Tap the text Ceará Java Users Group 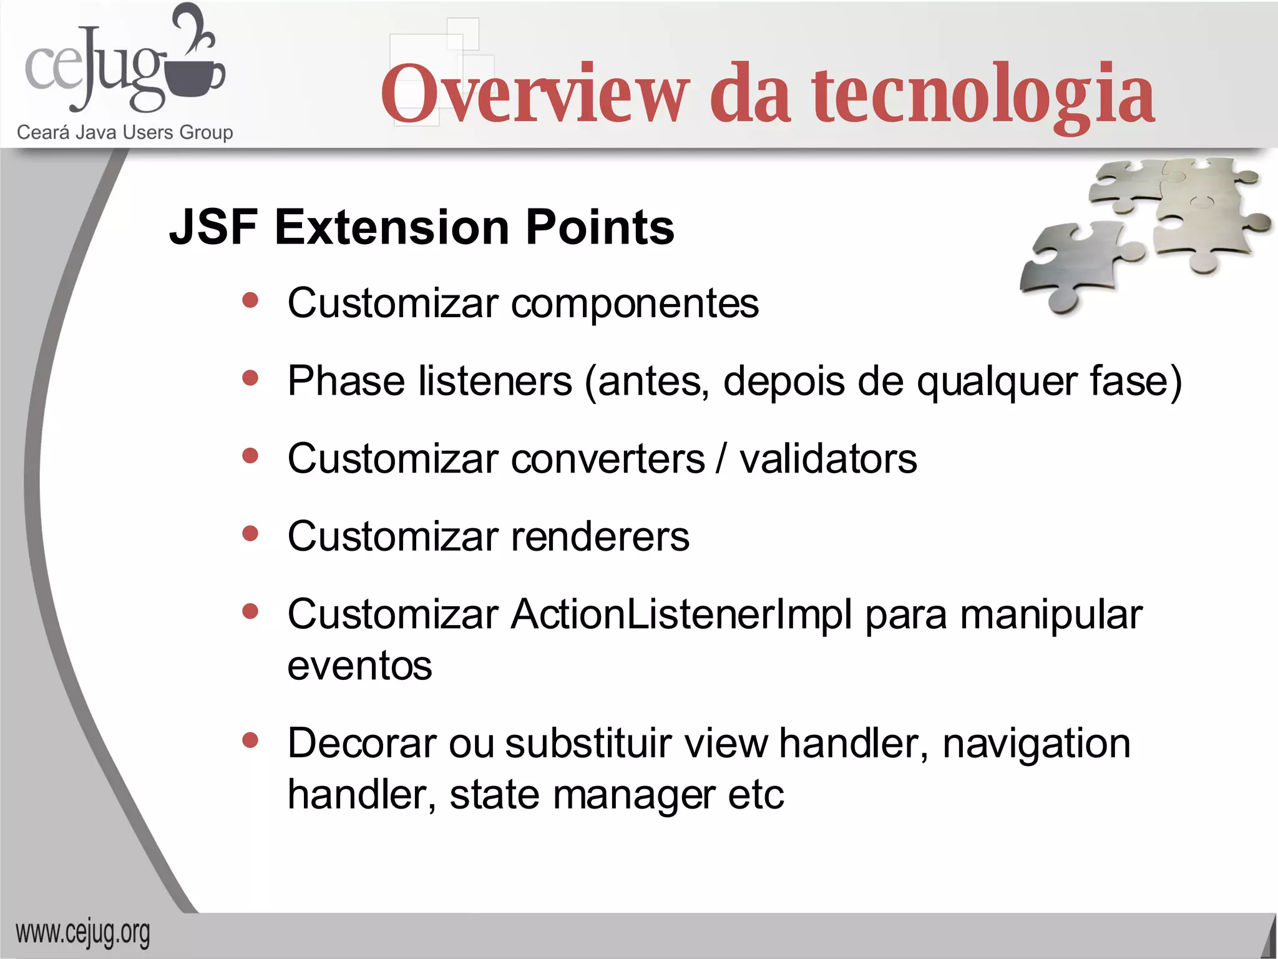pos(125,132)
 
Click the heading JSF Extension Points pos(422,227)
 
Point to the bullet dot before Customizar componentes pos(250,301)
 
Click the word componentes pos(635,304)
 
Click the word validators pos(828,459)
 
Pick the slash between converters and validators pos(721,459)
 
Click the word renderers pos(600,537)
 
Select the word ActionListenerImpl pos(681,615)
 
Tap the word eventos pos(359,666)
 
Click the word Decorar pos(362,744)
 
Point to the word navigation pos(1036,744)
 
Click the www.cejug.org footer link pos(83,933)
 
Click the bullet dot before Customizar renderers pos(250,534)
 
